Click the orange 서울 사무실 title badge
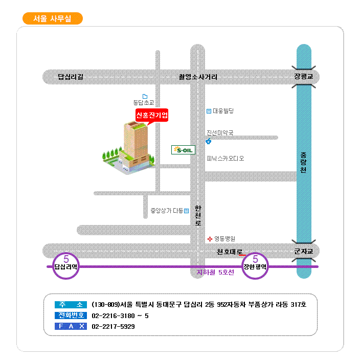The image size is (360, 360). [x=53, y=18]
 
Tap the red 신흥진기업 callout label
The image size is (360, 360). [x=151, y=115]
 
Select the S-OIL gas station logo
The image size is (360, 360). [x=183, y=150]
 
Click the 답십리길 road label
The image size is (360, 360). [x=70, y=77]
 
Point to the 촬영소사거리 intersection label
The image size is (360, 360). [x=198, y=77]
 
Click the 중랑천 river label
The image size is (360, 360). [x=303, y=163]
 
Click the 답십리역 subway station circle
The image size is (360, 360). [x=66, y=266]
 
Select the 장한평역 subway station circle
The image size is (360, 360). [x=255, y=266]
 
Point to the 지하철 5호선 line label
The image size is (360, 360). [x=215, y=273]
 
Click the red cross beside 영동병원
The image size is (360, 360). [x=210, y=239]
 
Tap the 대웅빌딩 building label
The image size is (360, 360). [x=223, y=111]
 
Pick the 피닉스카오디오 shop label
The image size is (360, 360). [x=225, y=159]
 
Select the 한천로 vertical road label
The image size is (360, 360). [x=198, y=216]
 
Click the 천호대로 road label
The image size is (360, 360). [x=230, y=252]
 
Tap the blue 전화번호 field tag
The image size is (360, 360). [x=71, y=316]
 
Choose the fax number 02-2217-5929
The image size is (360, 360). [x=113, y=326]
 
